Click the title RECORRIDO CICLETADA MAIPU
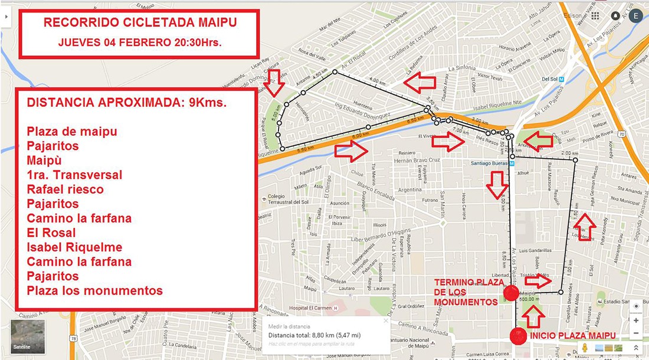pyautogui.click(x=140, y=23)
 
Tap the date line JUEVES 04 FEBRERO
pyautogui.click(x=140, y=42)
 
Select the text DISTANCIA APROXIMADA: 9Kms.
pyautogui.click(x=127, y=102)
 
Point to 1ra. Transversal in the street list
pyautogui.click(x=74, y=175)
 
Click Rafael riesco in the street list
pyautogui.click(x=65, y=189)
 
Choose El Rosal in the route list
pyautogui.click(x=51, y=233)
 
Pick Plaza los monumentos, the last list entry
pyautogui.click(x=94, y=290)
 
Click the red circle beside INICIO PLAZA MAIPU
pyautogui.click(x=519, y=336)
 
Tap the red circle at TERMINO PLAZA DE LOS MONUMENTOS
pyautogui.click(x=511, y=292)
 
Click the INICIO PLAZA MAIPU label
pyautogui.click(x=573, y=336)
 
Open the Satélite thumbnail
pyautogui.click(x=28, y=336)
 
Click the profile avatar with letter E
pyautogui.click(x=635, y=16)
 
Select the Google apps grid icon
pyautogui.click(x=595, y=16)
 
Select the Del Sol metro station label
pyautogui.click(x=549, y=78)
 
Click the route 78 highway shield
pyautogui.click(x=73, y=338)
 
